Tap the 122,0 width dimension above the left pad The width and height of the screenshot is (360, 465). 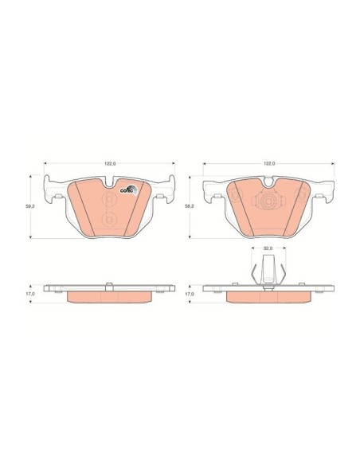pos(111,163)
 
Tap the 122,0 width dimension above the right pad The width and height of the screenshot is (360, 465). pos(269,163)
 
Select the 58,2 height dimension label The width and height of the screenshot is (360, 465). pos(190,205)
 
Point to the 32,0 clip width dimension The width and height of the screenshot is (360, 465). pos(268,248)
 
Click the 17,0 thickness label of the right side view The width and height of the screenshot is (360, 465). pos(190,293)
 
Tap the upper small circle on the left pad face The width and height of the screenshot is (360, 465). pos(110,199)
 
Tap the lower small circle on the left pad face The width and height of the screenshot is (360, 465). pos(110,219)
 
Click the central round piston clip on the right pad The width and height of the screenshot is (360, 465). pos(268,203)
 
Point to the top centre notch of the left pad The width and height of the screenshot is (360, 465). pos(110,182)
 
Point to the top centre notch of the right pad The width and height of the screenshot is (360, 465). pos(268,182)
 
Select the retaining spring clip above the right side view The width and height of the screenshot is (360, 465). pos(268,271)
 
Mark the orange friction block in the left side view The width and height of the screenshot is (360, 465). pos(110,296)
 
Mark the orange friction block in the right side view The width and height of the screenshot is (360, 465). pos(268,296)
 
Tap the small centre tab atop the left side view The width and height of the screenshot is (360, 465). pos(110,283)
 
